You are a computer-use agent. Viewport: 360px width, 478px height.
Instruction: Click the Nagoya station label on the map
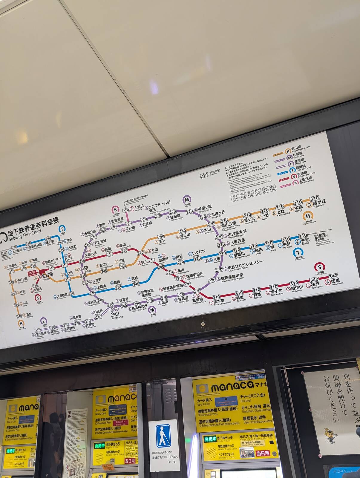(47, 275)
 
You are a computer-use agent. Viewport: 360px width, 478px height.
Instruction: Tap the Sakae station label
(86, 268)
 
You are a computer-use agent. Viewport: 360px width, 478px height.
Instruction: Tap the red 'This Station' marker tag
(32, 273)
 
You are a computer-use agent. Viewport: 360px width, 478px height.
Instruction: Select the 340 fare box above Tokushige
(333, 276)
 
